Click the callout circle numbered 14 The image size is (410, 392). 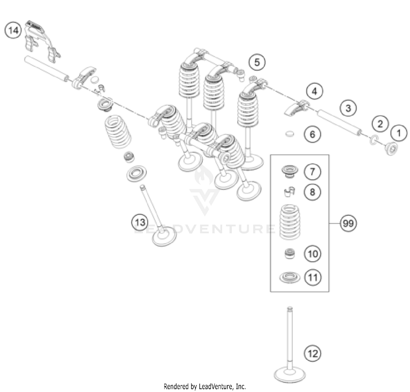tap(13, 30)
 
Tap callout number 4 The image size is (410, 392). tap(314, 92)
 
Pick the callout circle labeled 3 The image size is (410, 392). tap(348, 108)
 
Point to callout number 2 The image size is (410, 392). tap(380, 124)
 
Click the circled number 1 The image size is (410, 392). tap(399, 133)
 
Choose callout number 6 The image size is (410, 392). tap(312, 134)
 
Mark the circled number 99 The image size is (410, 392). tap(348, 224)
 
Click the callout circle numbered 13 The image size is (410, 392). tap(140, 222)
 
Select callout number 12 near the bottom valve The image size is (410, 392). tap(312, 353)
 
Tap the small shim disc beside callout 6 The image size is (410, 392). tap(289, 134)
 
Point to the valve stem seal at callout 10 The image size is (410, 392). tap(290, 254)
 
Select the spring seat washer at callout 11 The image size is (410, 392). tap(289, 278)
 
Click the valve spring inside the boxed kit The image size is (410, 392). tap(289, 221)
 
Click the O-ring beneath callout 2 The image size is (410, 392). tap(373, 140)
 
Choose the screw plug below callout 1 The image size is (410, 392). tap(392, 149)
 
